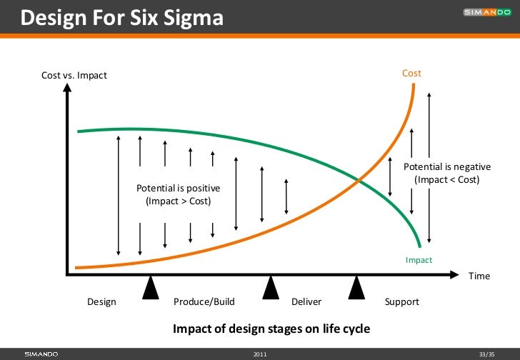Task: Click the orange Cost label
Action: coord(411,74)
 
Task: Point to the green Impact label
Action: coord(419,260)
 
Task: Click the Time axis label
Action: coord(479,276)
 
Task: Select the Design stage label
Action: coord(101,301)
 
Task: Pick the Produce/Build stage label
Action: coord(204,301)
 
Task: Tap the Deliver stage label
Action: coord(306,301)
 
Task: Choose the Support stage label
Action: coord(401,301)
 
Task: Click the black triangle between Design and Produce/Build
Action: coord(151,287)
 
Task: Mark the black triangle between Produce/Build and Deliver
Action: coord(270,287)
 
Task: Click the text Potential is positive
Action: coord(178,188)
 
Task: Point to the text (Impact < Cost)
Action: coord(446,179)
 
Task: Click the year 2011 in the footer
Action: coord(260,354)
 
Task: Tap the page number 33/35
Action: coord(486,354)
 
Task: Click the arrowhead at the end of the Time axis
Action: coord(454,274)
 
